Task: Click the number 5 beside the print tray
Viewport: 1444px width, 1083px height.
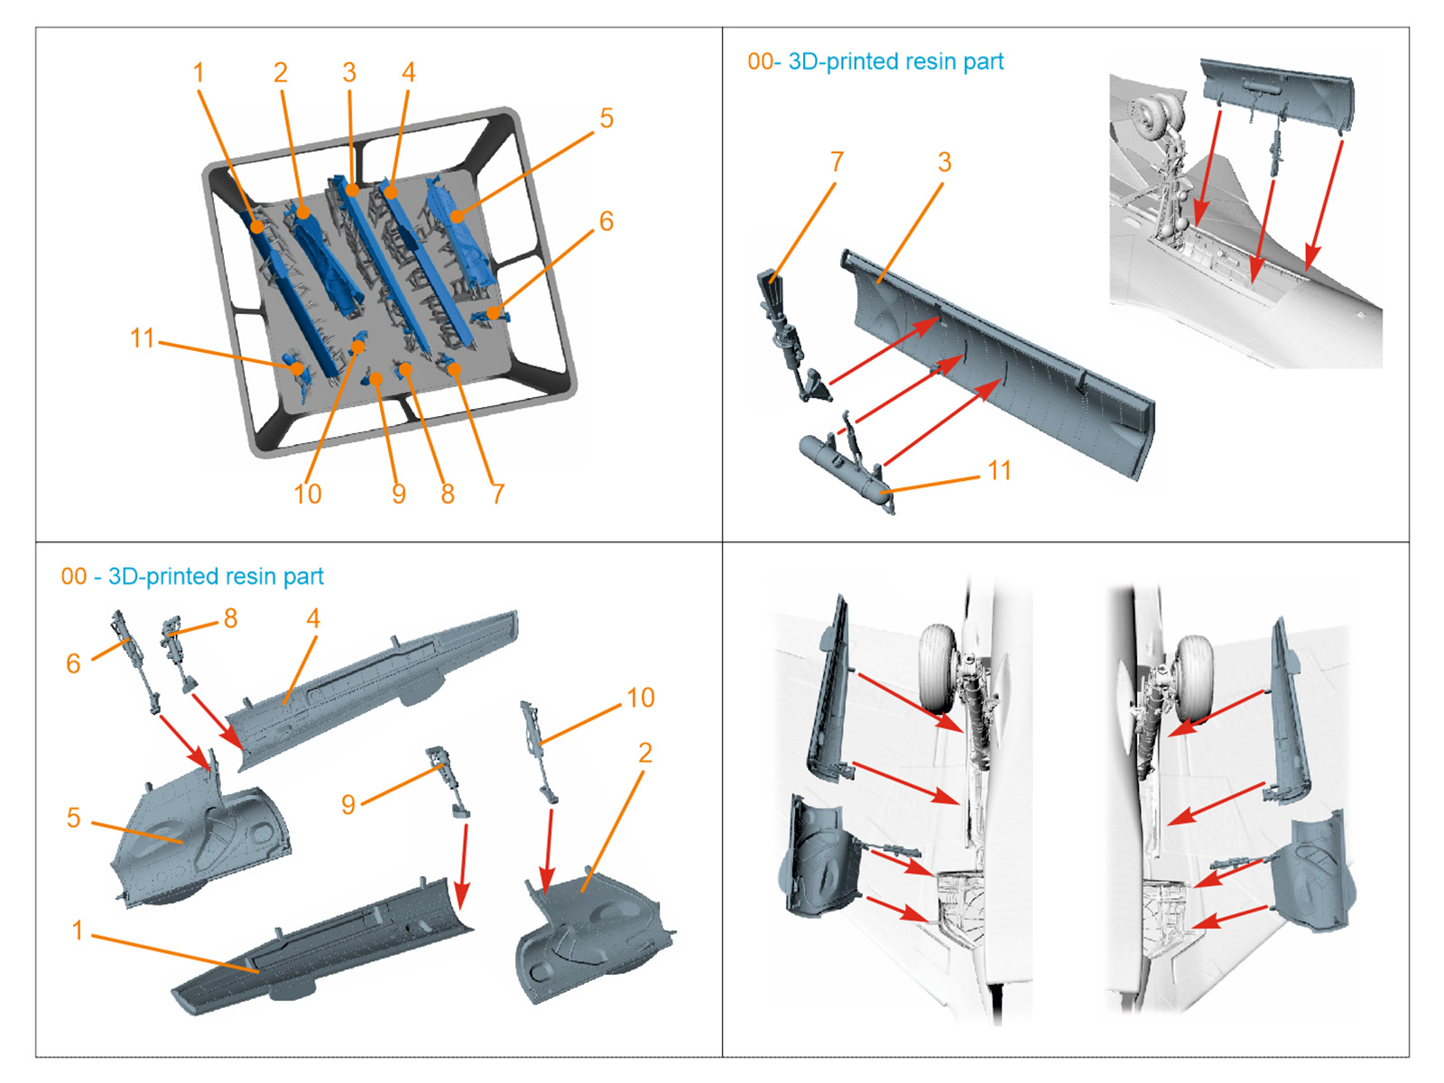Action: [606, 118]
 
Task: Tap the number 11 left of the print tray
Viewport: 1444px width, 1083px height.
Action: [143, 338]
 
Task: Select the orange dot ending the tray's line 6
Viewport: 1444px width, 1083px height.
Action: [494, 313]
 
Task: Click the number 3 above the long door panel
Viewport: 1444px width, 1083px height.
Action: [944, 162]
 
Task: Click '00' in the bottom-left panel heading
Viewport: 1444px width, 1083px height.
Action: [74, 577]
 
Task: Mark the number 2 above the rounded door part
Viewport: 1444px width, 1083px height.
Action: [644, 753]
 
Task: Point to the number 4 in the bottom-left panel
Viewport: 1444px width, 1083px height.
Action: [313, 619]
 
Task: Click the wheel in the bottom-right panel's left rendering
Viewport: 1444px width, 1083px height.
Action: [939, 668]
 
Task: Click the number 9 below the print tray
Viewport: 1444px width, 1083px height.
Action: [398, 494]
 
